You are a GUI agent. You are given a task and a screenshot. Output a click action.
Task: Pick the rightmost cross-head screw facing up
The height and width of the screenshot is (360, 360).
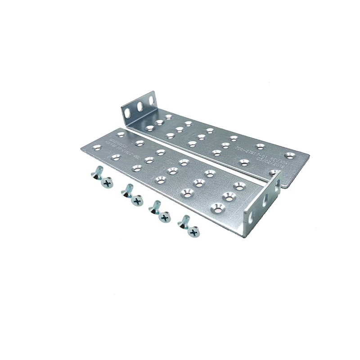[x=194, y=233]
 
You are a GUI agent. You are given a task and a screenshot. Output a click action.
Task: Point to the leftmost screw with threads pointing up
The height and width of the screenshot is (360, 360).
[x=96, y=172]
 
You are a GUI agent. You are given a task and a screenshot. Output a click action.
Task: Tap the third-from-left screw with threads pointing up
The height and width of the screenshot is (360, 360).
[x=155, y=205]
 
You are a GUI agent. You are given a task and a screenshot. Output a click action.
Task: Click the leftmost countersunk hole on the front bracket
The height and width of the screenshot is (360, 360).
[x=96, y=147]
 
